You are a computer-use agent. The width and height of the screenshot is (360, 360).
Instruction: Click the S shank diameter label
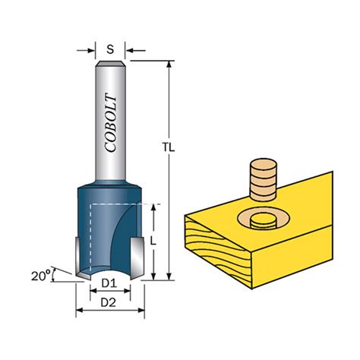(110, 49)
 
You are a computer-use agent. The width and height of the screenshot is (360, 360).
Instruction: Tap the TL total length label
(169, 147)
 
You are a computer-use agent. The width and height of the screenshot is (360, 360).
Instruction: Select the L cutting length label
(153, 241)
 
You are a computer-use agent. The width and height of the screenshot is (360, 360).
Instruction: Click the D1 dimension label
(109, 284)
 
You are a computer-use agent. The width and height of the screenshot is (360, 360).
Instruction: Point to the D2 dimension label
(109, 302)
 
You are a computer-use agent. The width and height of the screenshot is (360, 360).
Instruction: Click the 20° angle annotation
(40, 276)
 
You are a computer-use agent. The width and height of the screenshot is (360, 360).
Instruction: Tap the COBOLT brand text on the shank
(112, 124)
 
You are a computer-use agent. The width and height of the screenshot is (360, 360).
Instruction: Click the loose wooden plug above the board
(263, 180)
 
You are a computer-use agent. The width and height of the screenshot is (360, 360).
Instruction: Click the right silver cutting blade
(137, 258)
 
